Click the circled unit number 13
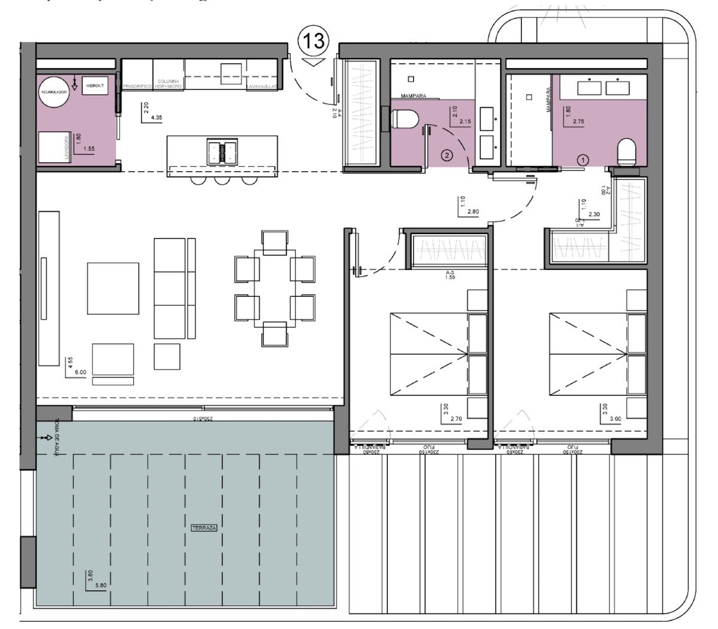[314, 41]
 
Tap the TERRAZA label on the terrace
[204, 528]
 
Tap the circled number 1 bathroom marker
[583, 160]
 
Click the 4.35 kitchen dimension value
[157, 118]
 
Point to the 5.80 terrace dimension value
[99, 586]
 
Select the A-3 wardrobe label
[451, 272]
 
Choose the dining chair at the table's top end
[275, 242]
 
